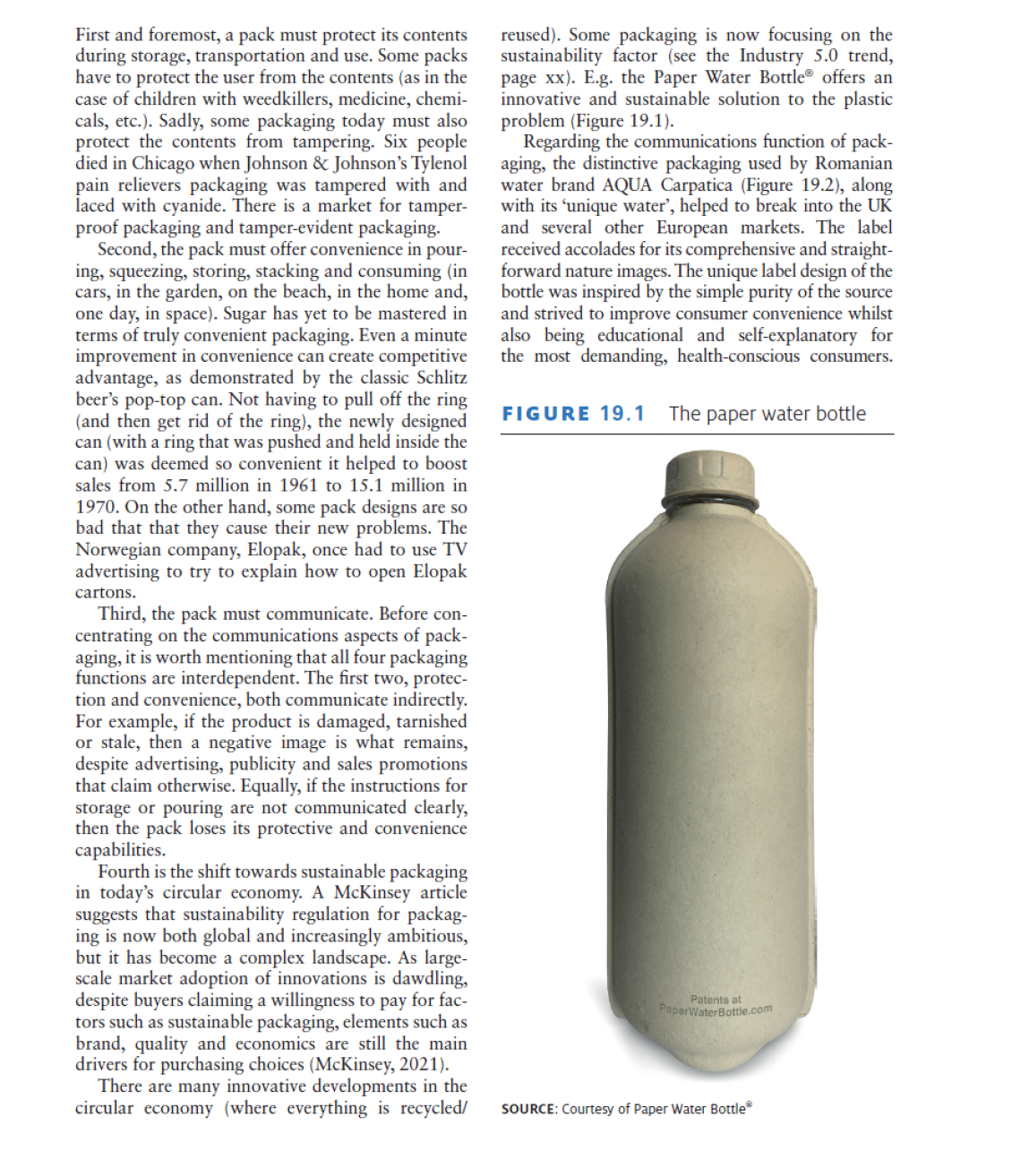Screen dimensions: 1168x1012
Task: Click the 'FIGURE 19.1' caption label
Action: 573,414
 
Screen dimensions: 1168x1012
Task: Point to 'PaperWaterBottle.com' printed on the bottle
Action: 716,1009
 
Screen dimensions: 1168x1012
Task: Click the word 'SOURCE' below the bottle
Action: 528,1109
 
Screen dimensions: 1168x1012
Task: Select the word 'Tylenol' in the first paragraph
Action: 439,163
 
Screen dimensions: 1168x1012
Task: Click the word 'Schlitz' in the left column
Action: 442,377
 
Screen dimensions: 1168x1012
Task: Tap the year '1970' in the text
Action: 97,506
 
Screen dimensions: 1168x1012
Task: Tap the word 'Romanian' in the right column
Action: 853,163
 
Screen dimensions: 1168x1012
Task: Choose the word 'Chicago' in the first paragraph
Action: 162,163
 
